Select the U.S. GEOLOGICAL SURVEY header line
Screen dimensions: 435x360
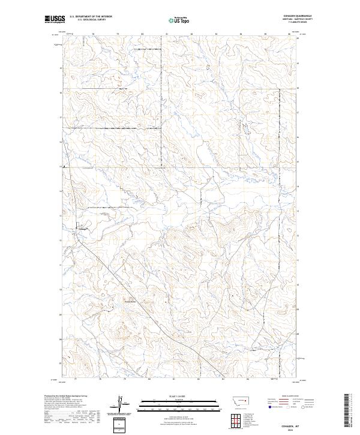click(x=91, y=20)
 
